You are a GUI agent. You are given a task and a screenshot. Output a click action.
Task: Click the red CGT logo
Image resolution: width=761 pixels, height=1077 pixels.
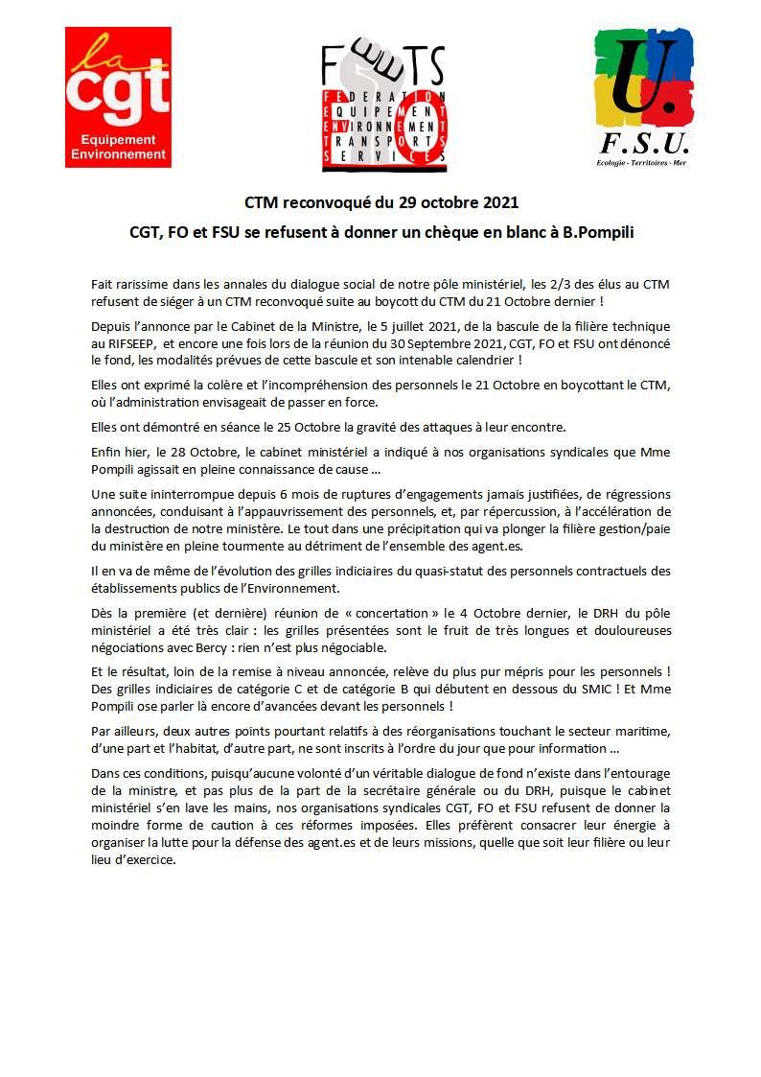(x=118, y=97)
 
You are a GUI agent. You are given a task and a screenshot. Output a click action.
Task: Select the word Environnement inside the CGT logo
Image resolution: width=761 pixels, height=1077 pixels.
(x=118, y=153)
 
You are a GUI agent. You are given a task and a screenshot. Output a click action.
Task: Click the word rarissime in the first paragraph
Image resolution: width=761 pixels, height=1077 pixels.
(x=142, y=285)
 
